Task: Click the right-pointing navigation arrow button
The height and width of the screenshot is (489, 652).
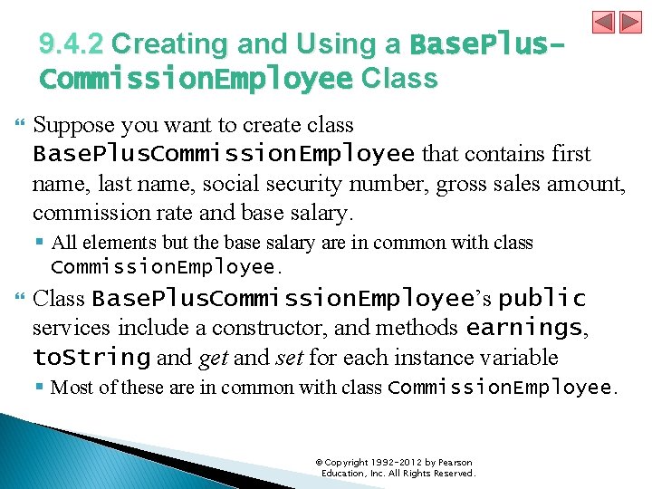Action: tap(628, 23)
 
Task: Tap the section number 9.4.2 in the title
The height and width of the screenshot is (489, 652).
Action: tap(72, 44)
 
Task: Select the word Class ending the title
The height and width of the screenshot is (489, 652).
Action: tap(399, 79)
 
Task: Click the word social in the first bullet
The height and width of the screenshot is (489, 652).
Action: tap(232, 184)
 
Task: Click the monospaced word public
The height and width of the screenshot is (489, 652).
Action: tap(542, 299)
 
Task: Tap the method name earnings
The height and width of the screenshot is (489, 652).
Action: tap(523, 328)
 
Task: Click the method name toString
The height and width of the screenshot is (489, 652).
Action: tap(91, 357)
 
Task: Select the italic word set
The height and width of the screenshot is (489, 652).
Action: tap(289, 357)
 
